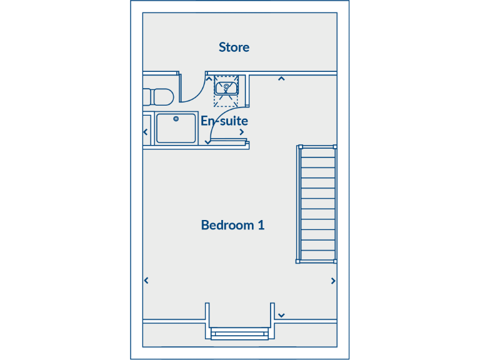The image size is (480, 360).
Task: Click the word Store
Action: tap(234, 47)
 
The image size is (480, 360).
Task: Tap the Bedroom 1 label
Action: tap(232, 225)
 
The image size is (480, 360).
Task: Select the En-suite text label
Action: tap(224, 121)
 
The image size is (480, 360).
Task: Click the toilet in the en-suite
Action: tap(159, 97)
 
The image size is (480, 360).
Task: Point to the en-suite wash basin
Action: tap(226, 87)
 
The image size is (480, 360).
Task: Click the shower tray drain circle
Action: tap(176, 118)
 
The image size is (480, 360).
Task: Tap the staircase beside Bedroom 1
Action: tap(317, 204)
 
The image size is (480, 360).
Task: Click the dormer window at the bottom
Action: tap(239, 333)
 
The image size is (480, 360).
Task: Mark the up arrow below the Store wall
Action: tap(282, 79)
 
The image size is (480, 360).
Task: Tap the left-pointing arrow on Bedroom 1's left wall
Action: tap(146, 281)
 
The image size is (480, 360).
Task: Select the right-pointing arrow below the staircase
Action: tap(333, 281)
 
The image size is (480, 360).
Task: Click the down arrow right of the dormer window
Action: tap(282, 315)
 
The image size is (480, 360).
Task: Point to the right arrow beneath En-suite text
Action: tap(241, 132)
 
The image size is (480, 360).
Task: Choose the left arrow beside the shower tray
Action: tap(146, 132)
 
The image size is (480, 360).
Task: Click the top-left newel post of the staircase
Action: tap(299, 147)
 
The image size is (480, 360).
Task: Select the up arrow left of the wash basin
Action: tap(209, 79)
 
